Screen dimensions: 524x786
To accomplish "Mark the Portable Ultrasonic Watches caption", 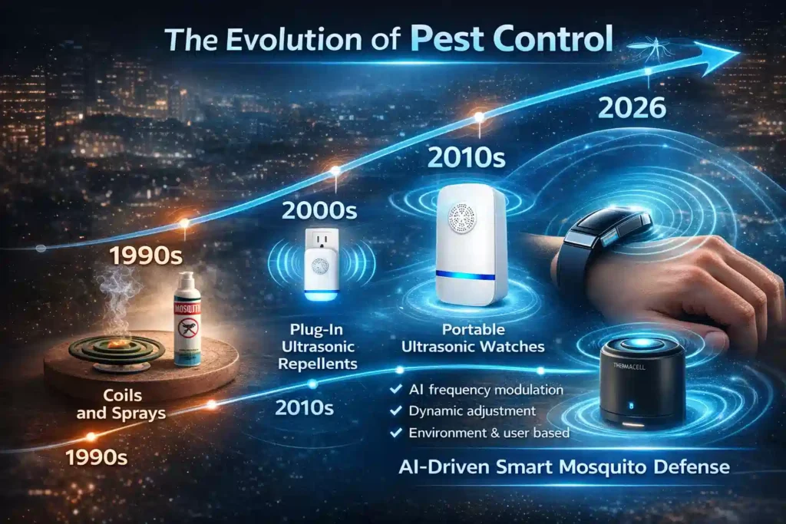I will (474, 339).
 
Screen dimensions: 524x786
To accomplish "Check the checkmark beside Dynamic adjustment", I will (396, 412).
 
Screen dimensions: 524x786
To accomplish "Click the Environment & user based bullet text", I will (489, 433).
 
